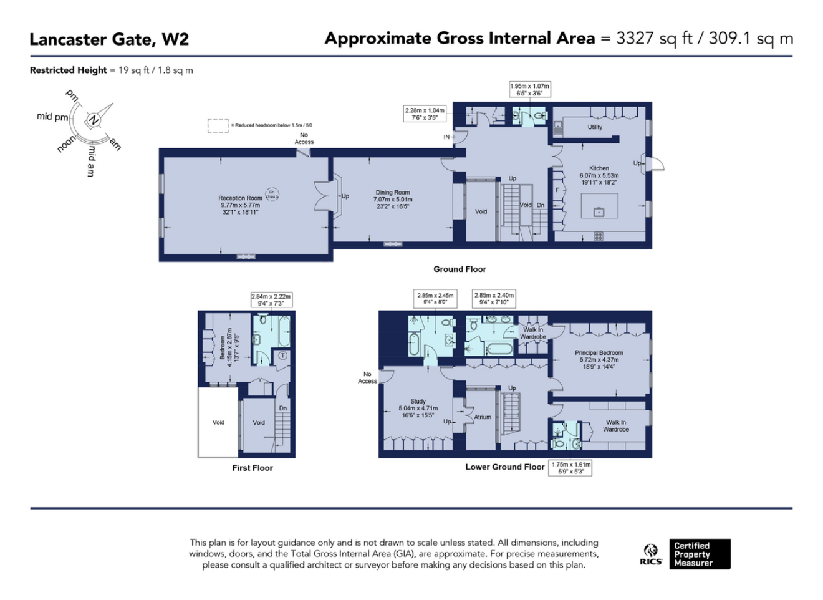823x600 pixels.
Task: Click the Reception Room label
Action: [240, 198]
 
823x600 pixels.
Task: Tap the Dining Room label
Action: [393, 193]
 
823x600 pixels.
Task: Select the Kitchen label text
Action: [599, 168]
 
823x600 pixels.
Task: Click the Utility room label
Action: [595, 127]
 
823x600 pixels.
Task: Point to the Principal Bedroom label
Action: [599, 353]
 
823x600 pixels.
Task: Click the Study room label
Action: [418, 402]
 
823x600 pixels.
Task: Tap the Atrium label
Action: [483, 417]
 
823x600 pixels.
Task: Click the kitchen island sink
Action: [599, 212]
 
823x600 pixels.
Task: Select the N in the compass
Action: [94, 120]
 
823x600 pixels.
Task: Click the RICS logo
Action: [651, 554]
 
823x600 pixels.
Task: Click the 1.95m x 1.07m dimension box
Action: [529, 90]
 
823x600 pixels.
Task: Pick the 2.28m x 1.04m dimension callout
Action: [425, 114]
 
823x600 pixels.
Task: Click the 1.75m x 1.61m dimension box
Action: [570, 468]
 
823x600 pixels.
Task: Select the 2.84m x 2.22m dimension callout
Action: [271, 300]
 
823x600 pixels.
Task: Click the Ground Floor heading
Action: [460, 269]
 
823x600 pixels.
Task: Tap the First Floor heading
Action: [253, 468]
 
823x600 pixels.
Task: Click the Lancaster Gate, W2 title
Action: [109, 39]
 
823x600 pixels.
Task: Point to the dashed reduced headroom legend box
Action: [218, 126]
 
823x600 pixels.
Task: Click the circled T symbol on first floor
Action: [282, 356]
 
